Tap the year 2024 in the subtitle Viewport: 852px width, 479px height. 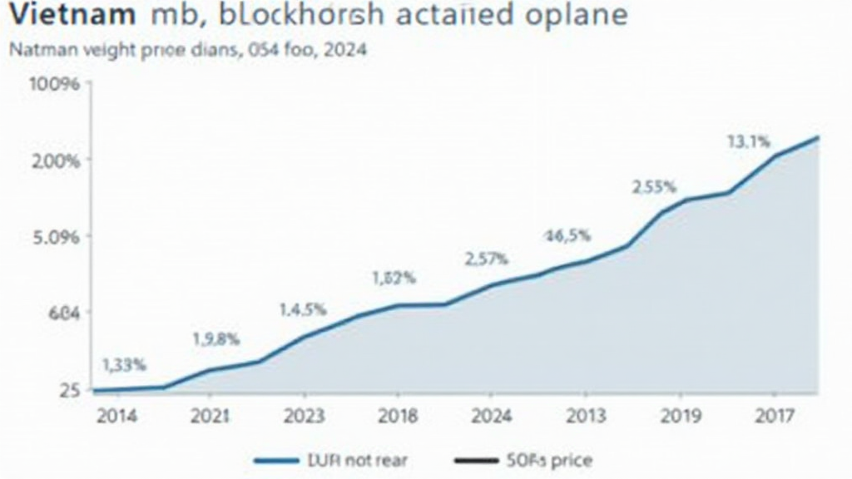click(344, 50)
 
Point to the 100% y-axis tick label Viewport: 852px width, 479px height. click(54, 85)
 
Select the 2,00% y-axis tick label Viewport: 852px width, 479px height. click(56, 160)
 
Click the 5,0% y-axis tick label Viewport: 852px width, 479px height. click(56, 237)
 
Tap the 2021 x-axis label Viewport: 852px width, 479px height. click(210, 416)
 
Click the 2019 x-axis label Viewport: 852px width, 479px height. click(678, 416)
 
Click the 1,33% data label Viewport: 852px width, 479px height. click(124, 364)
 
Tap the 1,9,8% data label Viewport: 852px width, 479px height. click(215, 338)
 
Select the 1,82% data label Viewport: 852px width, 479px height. click(394, 279)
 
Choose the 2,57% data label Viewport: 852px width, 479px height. click(486, 259)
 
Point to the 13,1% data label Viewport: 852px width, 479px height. click(749, 142)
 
